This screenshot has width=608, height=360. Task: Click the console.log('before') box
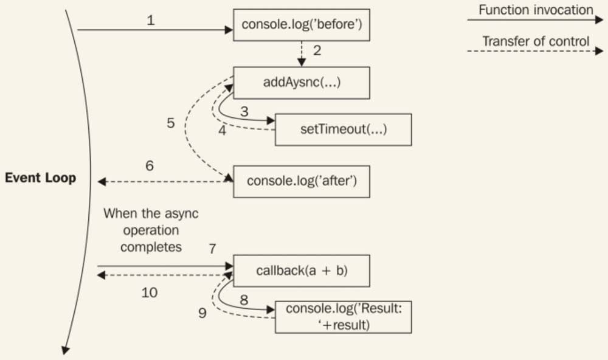(x=302, y=26)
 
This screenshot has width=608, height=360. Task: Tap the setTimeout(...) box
(x=344, y=130)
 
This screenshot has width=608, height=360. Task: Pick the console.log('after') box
(x=302, y=181)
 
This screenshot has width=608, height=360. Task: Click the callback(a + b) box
(x=302, y=271)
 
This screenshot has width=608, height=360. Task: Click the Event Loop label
(x=41, y=178)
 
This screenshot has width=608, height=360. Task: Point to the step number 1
(x=151, y=20)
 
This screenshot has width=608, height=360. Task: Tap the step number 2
(x=317, y=50)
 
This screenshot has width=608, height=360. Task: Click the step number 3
(x=243, y=111)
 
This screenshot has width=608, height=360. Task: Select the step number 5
(x=171, y=123)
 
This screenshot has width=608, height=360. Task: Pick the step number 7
(x=212, y=249)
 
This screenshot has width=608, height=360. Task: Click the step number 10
(x=149, y=292)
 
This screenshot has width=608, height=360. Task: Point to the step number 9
(x=202, y=313)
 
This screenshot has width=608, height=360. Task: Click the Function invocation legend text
(x=536, y=10)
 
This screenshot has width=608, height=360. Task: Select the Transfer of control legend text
(x=536, y=41)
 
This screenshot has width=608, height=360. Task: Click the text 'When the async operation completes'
(x=151, y=230)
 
